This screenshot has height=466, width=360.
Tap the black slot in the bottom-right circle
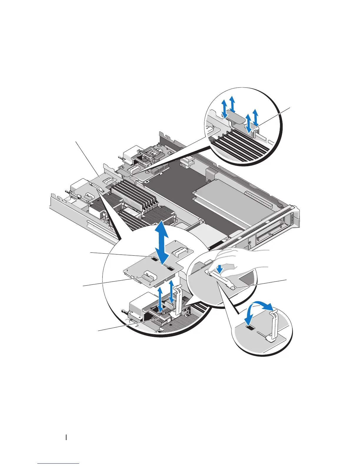pyautogui.click(x=251, y=328)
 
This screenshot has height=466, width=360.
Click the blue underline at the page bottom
pyautogui.click(x=58, y=464)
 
